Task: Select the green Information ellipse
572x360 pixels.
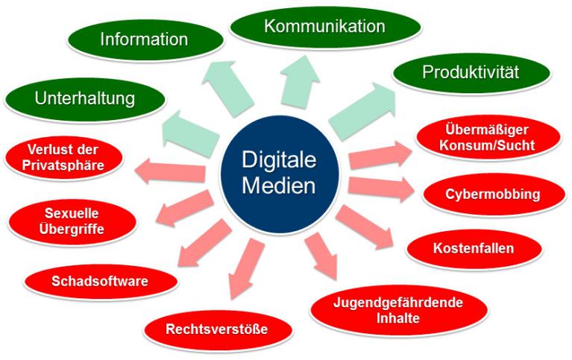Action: click(x=143, y=39)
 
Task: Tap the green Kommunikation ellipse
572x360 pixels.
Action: click(x=324, y=28)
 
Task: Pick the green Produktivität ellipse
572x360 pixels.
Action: click(x=470, y=73)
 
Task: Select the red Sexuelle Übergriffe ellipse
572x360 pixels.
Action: click(x=66, y=218)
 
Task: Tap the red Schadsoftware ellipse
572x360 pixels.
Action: click(x=100, y=281)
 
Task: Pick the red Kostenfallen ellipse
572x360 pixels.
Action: click(x=474, y=247)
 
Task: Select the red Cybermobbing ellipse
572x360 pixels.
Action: click(x=493, y=195)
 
